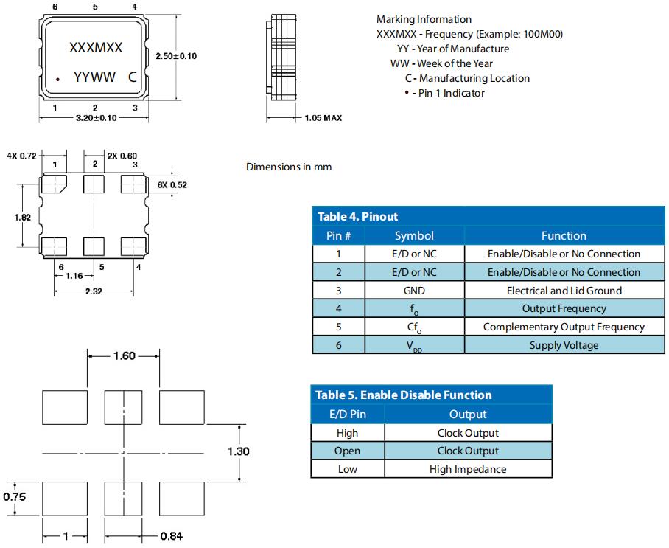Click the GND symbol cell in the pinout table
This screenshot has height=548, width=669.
point(414,291)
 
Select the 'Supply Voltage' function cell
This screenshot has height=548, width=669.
point(564,345)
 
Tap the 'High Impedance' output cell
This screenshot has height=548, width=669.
point(468,469)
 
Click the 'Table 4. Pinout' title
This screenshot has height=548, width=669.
point(357,216)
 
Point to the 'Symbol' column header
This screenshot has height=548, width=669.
point(414,236)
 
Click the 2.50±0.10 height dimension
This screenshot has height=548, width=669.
point(177,56)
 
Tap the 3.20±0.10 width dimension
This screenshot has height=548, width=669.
point(96,119)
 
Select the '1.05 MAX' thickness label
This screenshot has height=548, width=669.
point(323,118)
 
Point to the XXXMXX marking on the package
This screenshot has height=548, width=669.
point(96,48)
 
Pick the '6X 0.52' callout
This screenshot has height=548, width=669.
point(172,185)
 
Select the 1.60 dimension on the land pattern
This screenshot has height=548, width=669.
point(123,356)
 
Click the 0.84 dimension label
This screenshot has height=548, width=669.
point(171,536)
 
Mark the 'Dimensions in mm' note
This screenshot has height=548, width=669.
point(289,167)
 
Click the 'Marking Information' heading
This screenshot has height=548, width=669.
point(424,19)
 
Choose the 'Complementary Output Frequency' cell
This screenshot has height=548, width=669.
point(564,327)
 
